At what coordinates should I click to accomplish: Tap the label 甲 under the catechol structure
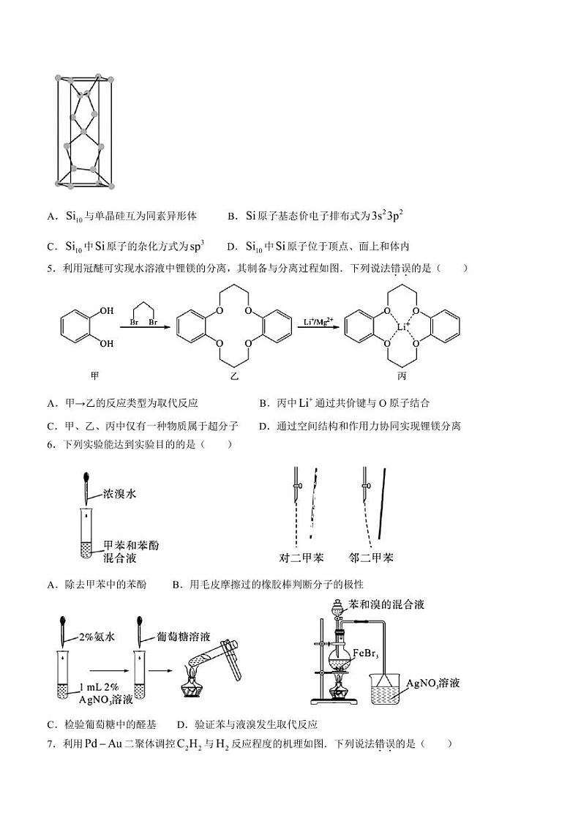94,375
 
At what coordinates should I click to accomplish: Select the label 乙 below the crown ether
234,375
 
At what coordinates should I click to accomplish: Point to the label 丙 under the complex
402,375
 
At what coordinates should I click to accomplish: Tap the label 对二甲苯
301,558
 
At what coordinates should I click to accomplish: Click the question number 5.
50,268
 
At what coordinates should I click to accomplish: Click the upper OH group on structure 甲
107,311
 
